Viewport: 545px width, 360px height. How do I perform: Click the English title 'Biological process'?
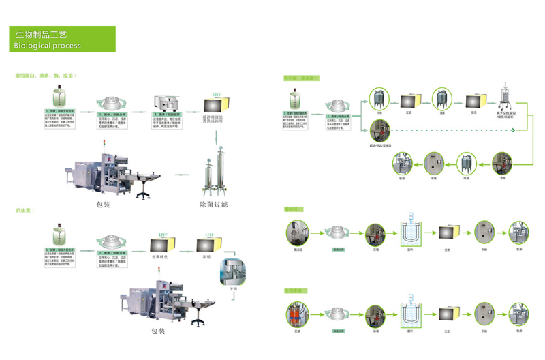tap(46, 46)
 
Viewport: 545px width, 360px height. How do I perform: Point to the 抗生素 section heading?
tap(25, 211)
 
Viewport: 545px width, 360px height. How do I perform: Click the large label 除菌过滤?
tap(213, 203)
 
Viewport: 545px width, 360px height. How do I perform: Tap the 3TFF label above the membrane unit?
tap(217, 94)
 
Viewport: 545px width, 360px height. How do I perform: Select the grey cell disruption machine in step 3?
tap(165, 103)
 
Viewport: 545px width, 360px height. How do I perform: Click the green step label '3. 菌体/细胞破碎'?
tap(165, 114)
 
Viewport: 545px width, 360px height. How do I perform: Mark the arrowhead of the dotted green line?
tap(515, 130)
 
